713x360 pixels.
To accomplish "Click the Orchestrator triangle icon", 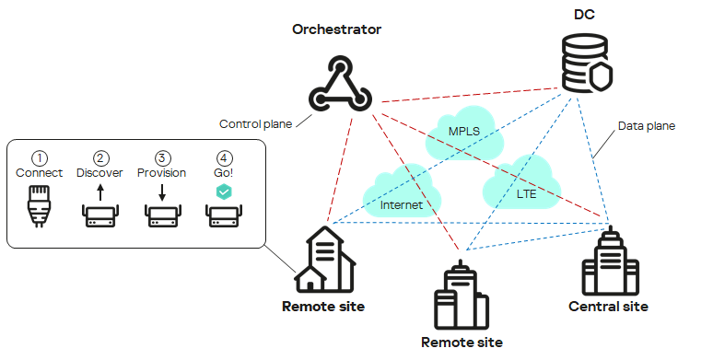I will click(338, 84).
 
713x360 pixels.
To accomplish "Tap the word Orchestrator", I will click(337, 29).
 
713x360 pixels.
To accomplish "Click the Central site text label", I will click(608, 307).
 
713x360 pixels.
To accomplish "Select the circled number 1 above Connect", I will click(39, 157).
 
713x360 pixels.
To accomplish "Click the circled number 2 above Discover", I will click(100, 157).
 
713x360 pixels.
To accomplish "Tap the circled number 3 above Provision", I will click(162, 157).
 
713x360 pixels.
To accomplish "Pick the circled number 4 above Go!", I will click(224, 157).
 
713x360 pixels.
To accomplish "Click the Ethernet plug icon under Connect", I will click(39, 207).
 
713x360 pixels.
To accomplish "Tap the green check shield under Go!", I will click(224, 192).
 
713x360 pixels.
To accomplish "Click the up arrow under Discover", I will click(100, 192).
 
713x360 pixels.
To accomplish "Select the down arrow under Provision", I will click(162, 192).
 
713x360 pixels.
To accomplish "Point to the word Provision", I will click(162, 173).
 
